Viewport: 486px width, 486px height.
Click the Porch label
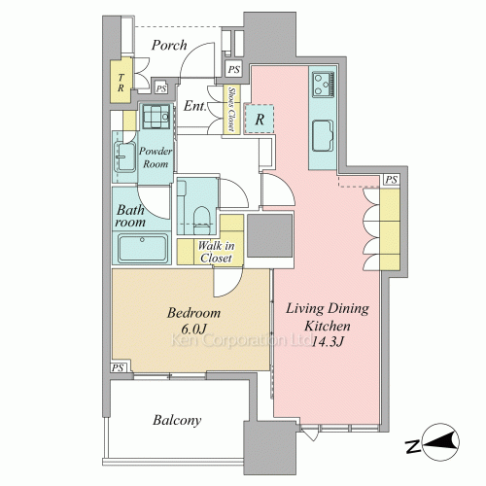point(169,46)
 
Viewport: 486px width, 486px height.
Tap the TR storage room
point(121,81)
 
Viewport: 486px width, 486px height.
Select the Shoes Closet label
point(231,109)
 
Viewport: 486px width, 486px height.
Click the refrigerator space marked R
point(260,119)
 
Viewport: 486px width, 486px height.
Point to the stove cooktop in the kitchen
point(323,85)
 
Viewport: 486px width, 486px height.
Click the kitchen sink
point(323,136)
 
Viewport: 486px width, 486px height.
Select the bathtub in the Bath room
point(143,248)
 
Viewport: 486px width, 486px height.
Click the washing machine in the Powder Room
point(156,117)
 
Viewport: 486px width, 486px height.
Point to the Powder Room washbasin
point(125,157)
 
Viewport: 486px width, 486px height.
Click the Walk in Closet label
point(216,252)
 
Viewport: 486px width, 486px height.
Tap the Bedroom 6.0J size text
point(193,330)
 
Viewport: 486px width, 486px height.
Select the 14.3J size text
point(327,341)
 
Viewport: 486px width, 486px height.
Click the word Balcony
point(177,420)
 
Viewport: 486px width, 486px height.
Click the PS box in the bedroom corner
point(118,367)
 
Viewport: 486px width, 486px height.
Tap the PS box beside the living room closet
point(392,180)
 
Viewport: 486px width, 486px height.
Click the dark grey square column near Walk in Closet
point(270,235)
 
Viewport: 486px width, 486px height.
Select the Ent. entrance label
point(195,106)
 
